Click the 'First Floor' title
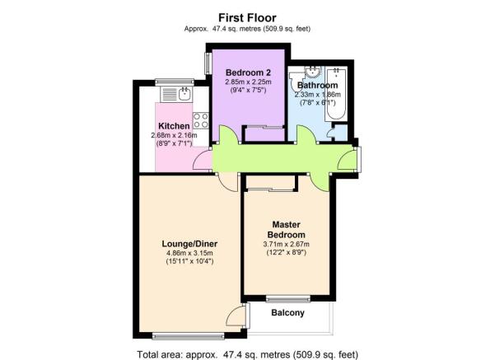coord(246,16)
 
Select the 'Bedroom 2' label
coord(245,72)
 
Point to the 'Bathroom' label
coord(317,85)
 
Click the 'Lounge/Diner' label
coord(189,244)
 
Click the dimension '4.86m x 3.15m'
coord(189,254)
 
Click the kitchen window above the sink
coord(174,81)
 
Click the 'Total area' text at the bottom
coord(247,354)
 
